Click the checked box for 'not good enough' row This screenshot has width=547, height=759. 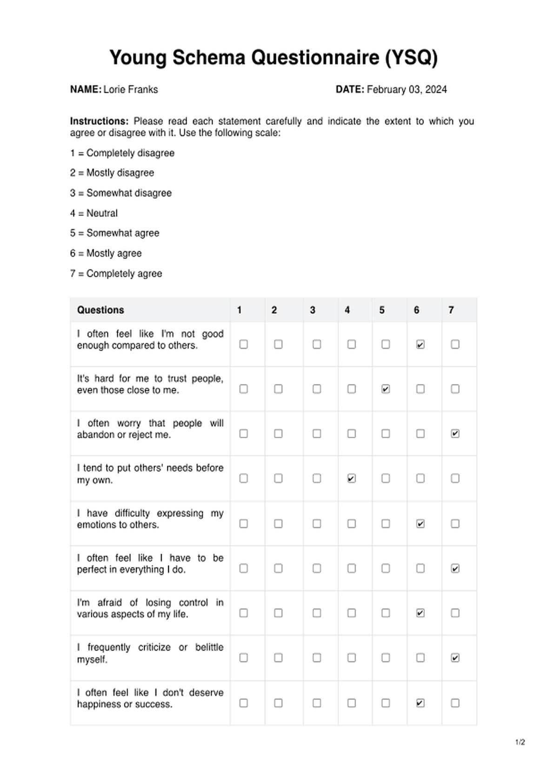coord(420,345)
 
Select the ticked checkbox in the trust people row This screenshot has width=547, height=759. coord(386,389)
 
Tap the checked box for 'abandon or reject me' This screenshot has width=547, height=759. coord(455,434)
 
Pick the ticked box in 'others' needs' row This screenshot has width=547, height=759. coord(351,478)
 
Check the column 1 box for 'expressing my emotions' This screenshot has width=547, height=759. coord(243,524)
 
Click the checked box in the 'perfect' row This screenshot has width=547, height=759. coord(455,569)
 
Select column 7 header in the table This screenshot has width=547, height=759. coord(451,310)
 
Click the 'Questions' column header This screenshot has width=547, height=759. coord(100,310)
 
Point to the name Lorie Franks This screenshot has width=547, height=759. coord(131,89)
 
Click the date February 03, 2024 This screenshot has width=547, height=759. coord(407,89)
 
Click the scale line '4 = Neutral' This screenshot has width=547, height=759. coord(94,213)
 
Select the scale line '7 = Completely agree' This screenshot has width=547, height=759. coord(116,274)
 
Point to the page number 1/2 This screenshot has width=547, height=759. coord(520,742)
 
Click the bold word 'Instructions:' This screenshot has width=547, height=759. coord(99,121)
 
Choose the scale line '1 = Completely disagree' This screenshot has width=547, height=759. coord(122,153)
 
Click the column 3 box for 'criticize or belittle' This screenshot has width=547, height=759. coord(317,657)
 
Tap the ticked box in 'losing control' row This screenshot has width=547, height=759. coord(420,613)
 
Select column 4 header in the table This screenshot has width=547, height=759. coord(347,310)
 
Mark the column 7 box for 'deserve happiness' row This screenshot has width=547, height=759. coord(455,703)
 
